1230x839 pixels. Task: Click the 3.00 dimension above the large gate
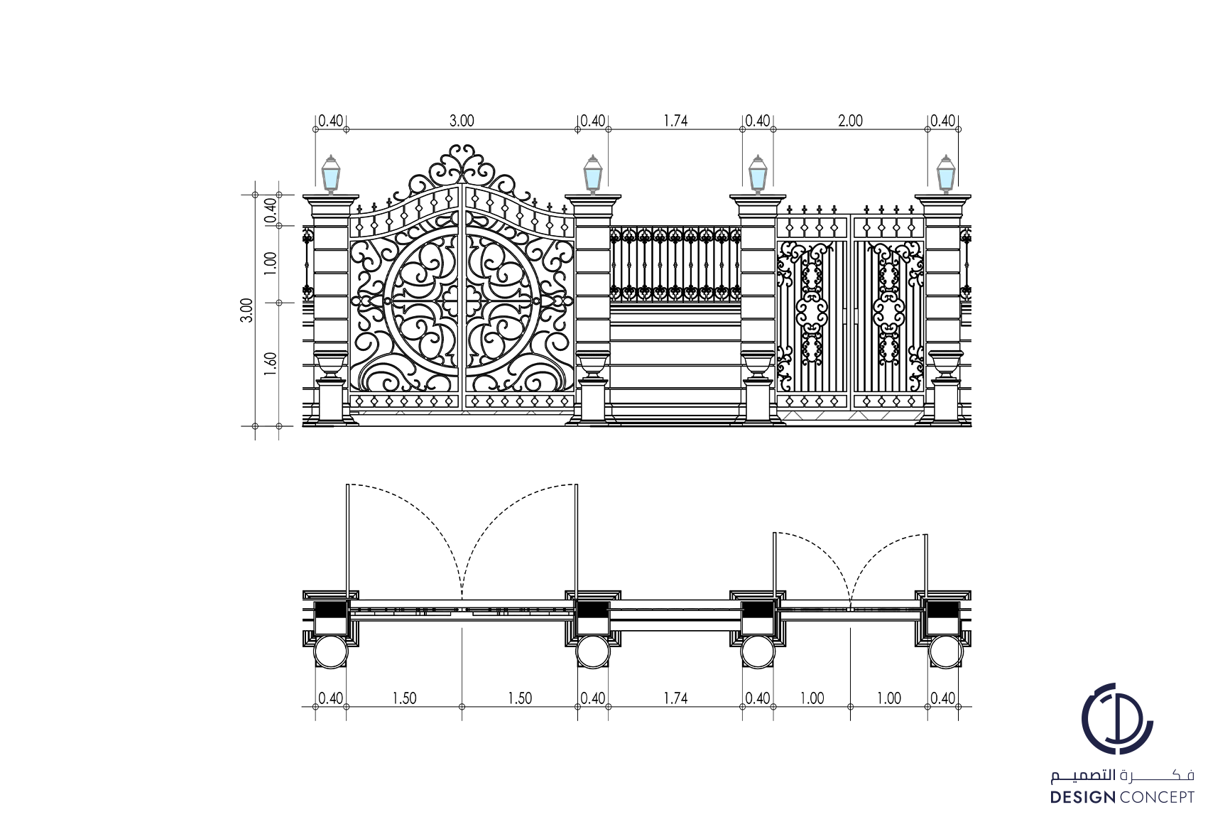pyautogui.click(x=462, y=121)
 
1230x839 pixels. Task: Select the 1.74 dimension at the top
pyautogui.click(x=675, y=121)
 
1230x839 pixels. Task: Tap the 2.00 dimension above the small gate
pyautogui.click(x=850, y=121)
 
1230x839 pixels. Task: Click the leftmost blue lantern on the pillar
pyautogui.click(x=331, y=173)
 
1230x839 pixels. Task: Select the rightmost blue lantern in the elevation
pyautogui.click(x=945, y=173)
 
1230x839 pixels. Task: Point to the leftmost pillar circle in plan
pyautogui.click(x=330, y=651)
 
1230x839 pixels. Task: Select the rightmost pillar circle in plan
pyautogui.click(x=945, y=651)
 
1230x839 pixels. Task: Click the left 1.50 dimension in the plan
pyautogui.click(x=404, y=698)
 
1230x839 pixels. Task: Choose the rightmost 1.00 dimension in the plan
pyautogui.click(x=888, y=698)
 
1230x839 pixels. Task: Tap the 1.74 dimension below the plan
pyautogui.click(x=675, y=698)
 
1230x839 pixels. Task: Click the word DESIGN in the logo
pyautogui.click(x=1084, y=797)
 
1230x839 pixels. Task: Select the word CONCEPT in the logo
pyautogui.click(x=1157, y=797)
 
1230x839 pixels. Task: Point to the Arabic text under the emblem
pyautogui.click(x=1122, y=776)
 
